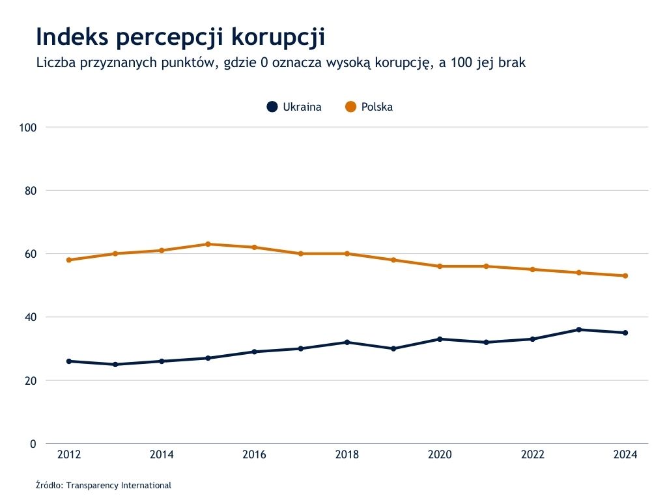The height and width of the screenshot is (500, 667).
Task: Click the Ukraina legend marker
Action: [272, 107]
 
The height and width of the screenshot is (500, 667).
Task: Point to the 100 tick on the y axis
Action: [27, 127]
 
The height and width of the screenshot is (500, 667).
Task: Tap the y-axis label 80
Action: [29, 191]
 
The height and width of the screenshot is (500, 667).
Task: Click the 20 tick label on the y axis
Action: [29, 380]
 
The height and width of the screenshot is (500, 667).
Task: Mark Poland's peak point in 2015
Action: [208, 244]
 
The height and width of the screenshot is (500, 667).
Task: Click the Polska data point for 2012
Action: [69, 260]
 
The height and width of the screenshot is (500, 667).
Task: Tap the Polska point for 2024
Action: [625, 275]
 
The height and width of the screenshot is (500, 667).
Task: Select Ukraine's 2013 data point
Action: [115, 365]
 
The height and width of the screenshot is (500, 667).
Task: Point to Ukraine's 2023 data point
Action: [579, 329]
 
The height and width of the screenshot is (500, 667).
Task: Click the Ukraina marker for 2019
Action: [393, 348]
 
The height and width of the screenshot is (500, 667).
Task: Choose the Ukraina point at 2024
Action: [625, 333]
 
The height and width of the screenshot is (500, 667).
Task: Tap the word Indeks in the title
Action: [72, 36]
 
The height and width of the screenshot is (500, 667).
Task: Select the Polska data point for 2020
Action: [440, 266]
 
